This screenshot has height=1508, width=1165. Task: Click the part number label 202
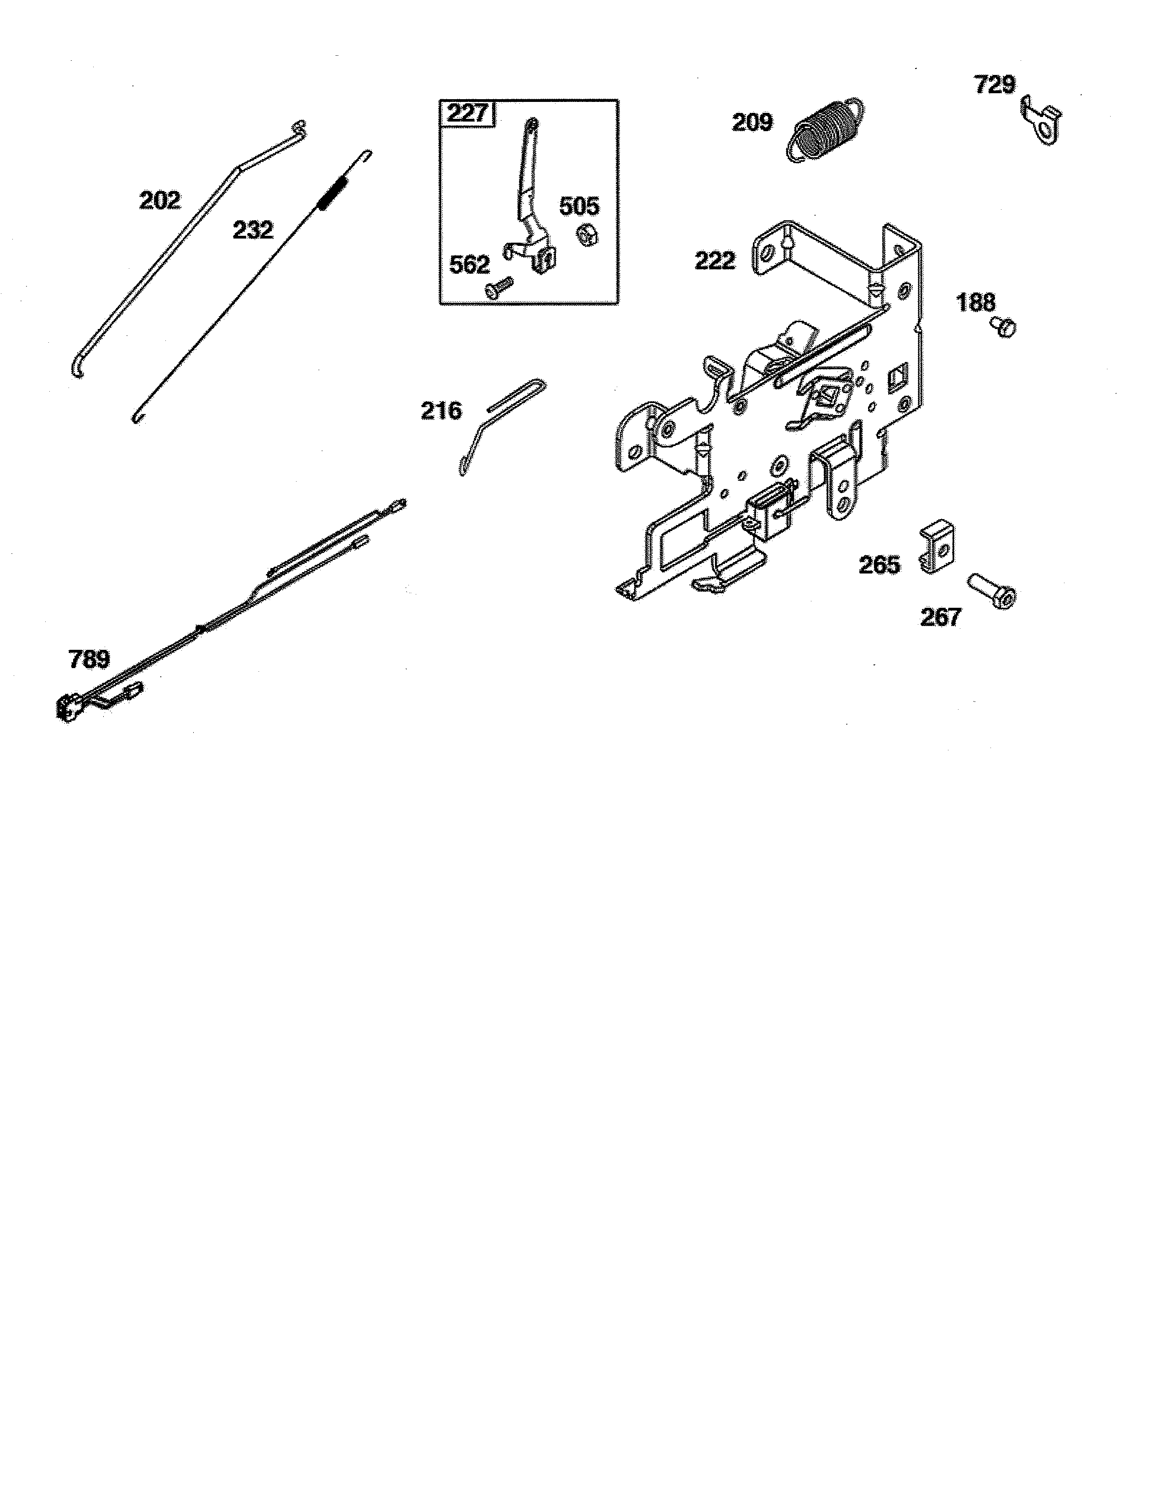pyautogui.click(x=160, y=201)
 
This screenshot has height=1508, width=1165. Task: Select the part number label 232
pyautogui.click(x=253, y=230)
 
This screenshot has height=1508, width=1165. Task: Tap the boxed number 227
pyautogui.click(x=468, y=112)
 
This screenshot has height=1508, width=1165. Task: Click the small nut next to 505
pyautogui.click(x=588, y=235)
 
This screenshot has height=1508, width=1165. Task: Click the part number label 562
pyautogui.click(x=469, y=265)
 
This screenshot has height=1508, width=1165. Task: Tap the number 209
pyautogui.click(x=752, y=123)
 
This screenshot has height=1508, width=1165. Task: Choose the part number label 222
pyautogui.click(x=715, y=261)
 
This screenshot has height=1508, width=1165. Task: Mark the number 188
pyautogui.click(x=976, y=303)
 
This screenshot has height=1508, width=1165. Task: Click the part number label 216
pyautogui.click(x=441, y=411)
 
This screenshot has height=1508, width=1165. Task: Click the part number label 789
pyautogui.click(x=89, y=659)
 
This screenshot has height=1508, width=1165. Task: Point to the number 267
pyautogui.click(x=941, y=616)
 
